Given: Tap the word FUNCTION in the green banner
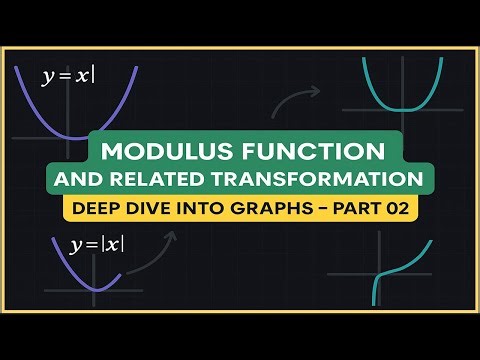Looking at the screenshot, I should tap(314, 151).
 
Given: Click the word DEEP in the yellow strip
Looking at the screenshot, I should tap(94, 210).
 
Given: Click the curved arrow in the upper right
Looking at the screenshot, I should tap(297, 97).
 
